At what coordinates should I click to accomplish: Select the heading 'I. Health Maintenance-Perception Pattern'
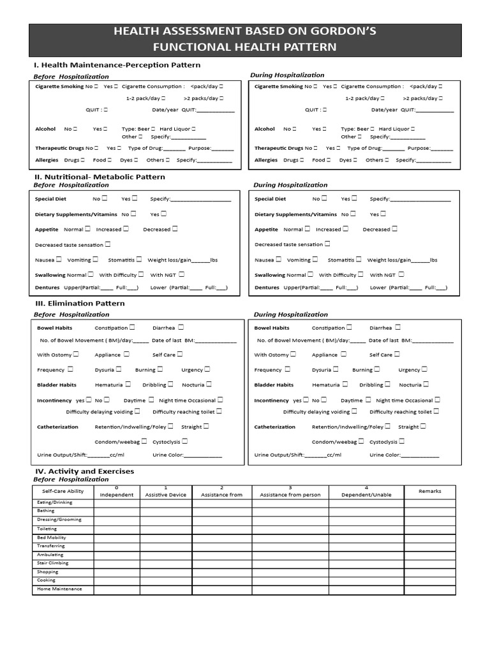[117, 65]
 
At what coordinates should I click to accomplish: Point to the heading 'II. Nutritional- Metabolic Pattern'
[100, 177]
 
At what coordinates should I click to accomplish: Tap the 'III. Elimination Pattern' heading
[80, 304]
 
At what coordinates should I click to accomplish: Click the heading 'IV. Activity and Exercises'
[84, 471]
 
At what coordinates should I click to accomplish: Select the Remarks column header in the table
[429, 491]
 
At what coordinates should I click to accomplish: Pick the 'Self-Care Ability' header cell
[63, 492]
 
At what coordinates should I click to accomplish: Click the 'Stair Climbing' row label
[54, 563]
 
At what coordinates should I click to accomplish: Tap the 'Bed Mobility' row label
[52, 538]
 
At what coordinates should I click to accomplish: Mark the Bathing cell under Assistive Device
[165, 511]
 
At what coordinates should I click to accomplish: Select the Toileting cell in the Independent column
[117, 529]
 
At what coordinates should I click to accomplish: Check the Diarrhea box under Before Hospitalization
[181, 327]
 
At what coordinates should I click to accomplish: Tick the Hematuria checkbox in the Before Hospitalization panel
[128, 385]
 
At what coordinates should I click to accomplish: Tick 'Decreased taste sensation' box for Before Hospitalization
[107, 244]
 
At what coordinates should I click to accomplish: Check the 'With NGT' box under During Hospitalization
[401, 274]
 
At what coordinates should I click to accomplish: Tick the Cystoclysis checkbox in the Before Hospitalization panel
[184, 441]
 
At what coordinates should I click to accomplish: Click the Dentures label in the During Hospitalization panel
[267, 288]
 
